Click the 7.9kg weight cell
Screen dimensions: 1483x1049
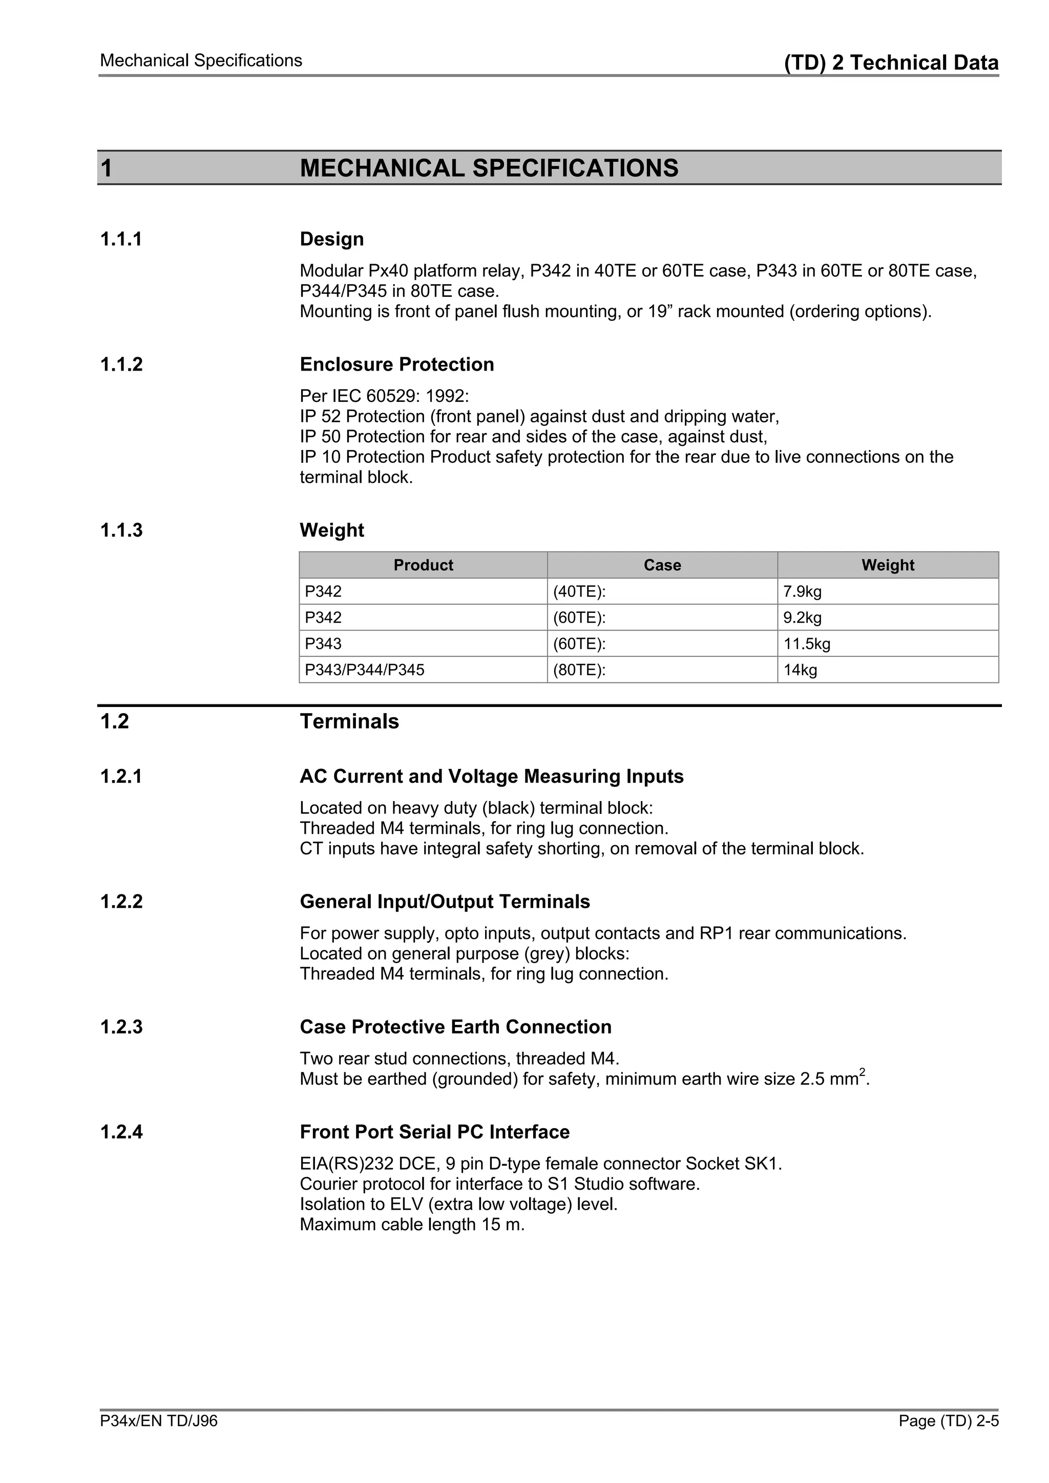802,591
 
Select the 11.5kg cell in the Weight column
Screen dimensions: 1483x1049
807,643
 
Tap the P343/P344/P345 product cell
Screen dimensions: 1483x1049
365,670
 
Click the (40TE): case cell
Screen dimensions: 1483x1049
579,591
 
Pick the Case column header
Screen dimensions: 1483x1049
662,565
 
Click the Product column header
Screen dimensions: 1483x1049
424,565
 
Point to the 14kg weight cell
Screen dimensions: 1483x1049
800,670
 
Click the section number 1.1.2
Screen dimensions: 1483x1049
121,364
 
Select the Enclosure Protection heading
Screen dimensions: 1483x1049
397,364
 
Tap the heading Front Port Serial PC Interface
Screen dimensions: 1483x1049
434,1132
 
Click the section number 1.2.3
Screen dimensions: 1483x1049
121,1027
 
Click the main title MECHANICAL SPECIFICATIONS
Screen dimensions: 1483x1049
489,168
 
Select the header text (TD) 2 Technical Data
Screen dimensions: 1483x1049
891,62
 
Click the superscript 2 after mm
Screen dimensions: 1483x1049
862,1072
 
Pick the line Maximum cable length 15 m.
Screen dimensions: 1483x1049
412,1224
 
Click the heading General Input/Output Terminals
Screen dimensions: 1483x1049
445,901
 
